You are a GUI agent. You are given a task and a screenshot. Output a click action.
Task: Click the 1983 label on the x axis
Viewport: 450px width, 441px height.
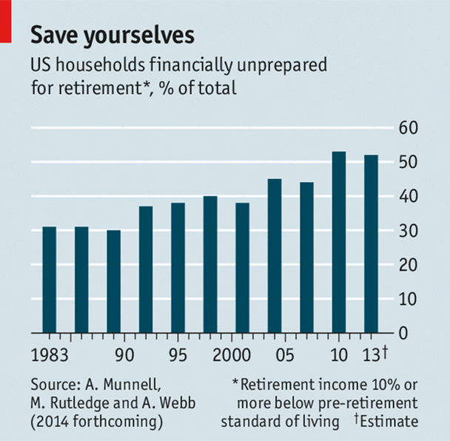(x=49, y=354)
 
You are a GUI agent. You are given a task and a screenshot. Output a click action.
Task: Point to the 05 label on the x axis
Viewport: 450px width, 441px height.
(x=276, y=354)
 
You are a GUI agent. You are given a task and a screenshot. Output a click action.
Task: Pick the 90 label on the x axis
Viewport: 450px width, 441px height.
(x=124, y=354)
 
